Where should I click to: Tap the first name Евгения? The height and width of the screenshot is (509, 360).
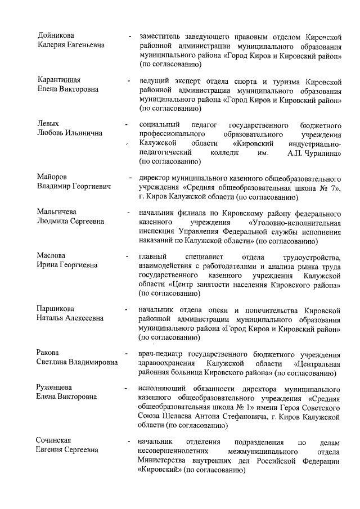(x=52, y=450)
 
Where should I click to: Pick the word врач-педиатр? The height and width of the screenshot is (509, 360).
(x=161, y=353)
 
